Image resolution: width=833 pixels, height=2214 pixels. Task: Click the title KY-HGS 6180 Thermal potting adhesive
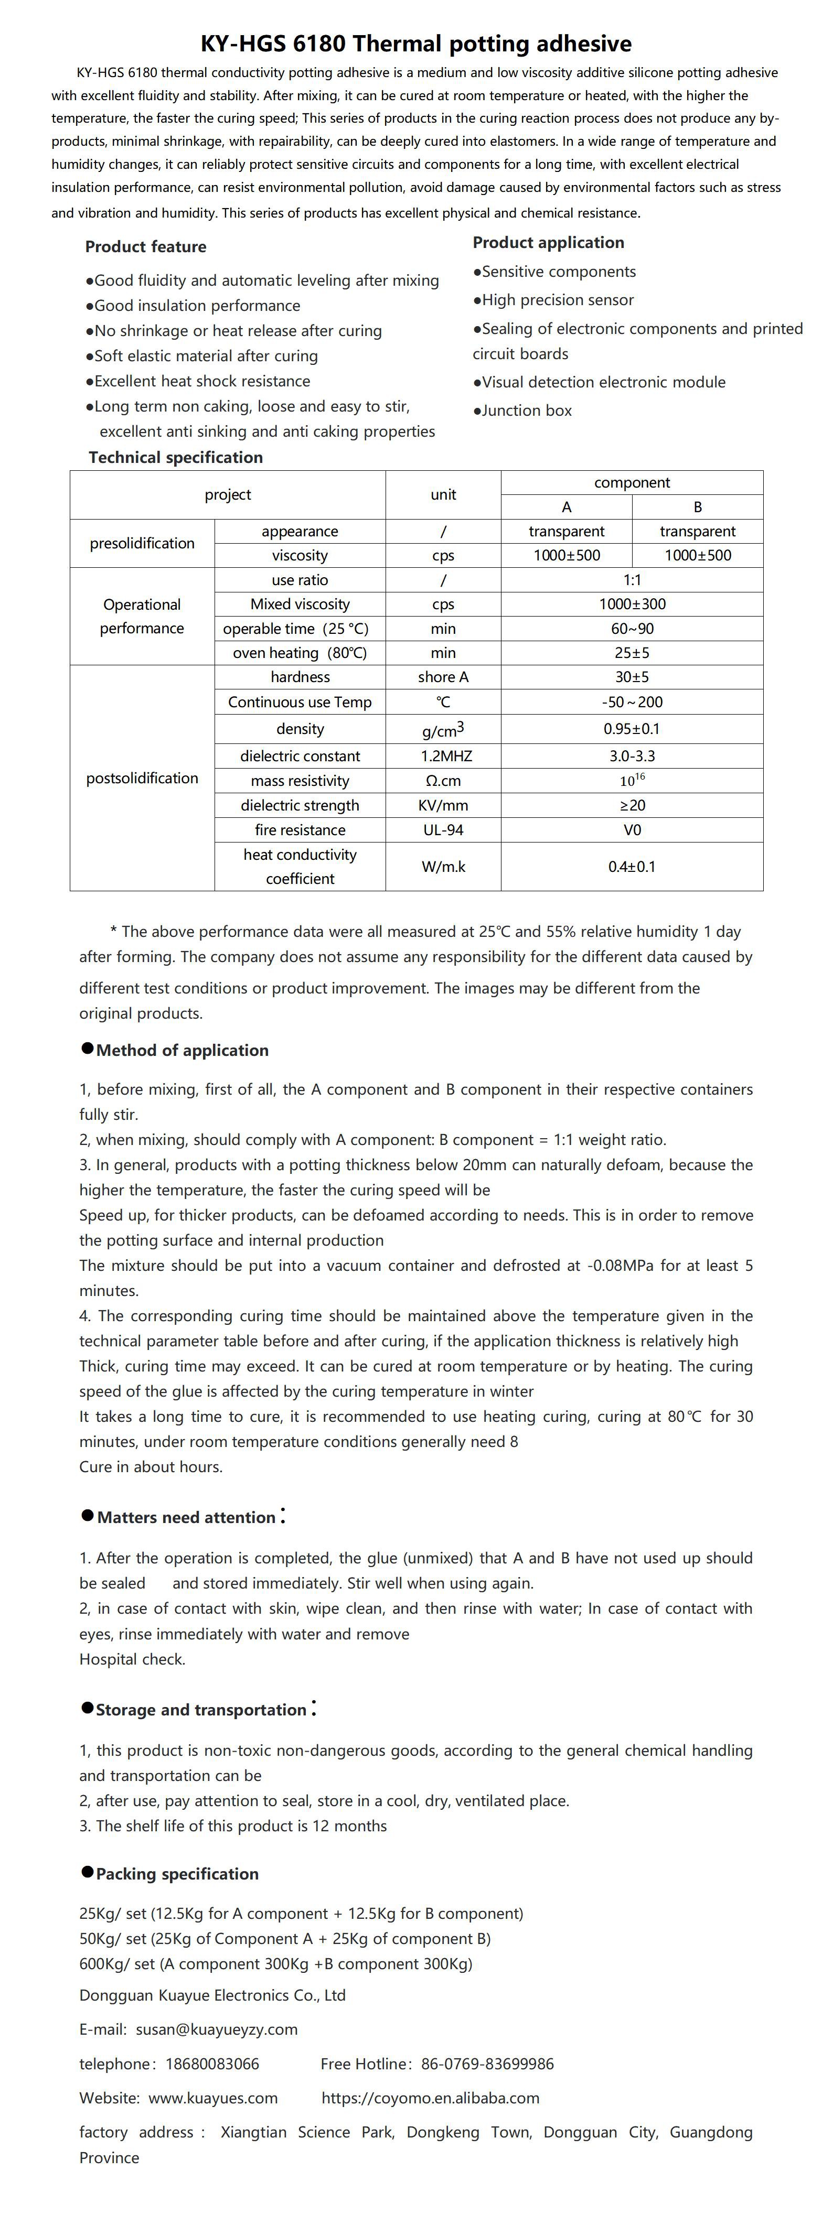(x=416, y=44)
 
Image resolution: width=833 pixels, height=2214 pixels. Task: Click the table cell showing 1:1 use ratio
(x=632, y=580)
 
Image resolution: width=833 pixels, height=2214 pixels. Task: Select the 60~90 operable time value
(x=632, y=628)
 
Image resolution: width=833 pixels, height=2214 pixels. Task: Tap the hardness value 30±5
(x=632, y=677)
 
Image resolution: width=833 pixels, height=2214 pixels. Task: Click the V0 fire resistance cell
(x=632, y=830)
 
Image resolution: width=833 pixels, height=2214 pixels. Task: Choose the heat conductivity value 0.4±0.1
(x=632, y=866)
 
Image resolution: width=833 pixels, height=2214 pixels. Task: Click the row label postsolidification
(x=142, y=779)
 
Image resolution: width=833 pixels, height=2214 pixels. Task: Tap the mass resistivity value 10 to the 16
(x=632, y=781)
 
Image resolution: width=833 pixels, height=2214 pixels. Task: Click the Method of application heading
(x=181, y=1050)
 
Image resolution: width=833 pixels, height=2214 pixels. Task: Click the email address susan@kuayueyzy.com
(x=217, y=2029)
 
